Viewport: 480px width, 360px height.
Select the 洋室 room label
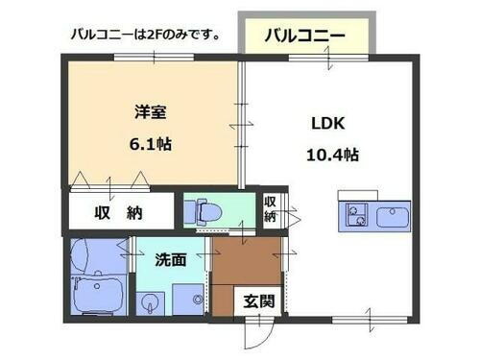point(151,111)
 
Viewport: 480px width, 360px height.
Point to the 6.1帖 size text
point(151,145)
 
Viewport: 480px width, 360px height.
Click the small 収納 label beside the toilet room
point(272,208)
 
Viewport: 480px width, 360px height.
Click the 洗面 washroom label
point(170,259)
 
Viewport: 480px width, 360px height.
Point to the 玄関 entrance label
point(258,301)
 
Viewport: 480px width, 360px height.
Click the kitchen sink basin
point(393,216)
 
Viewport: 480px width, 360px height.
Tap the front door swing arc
point(252,333)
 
